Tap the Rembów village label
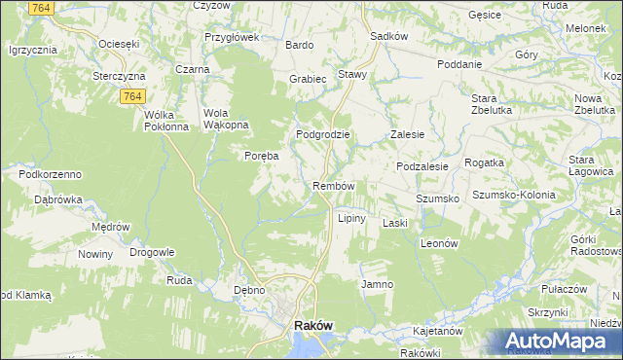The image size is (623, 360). [x=332, y=186]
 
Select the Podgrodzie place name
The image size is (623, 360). [x=322, y=134]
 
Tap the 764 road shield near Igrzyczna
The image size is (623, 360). [x=40, y=9]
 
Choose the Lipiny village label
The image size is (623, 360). [x=351, y=218]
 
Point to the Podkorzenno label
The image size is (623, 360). [x=49, y=173]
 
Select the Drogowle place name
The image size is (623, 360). [x=151, y=252]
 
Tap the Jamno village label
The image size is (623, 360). [x=377, y=284]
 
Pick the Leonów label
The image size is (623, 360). [x=439, y=244]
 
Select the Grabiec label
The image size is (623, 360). [x=307, y=78]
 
